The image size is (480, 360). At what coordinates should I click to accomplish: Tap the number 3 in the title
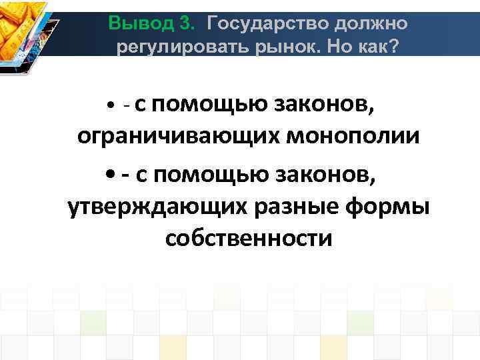click(x=187, y=24)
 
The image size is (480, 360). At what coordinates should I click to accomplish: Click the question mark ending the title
click(x=389, y=47)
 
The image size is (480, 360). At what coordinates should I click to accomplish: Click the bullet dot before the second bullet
click(x=110, y=175)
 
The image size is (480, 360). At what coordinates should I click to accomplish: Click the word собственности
click(x=248, y=238)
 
